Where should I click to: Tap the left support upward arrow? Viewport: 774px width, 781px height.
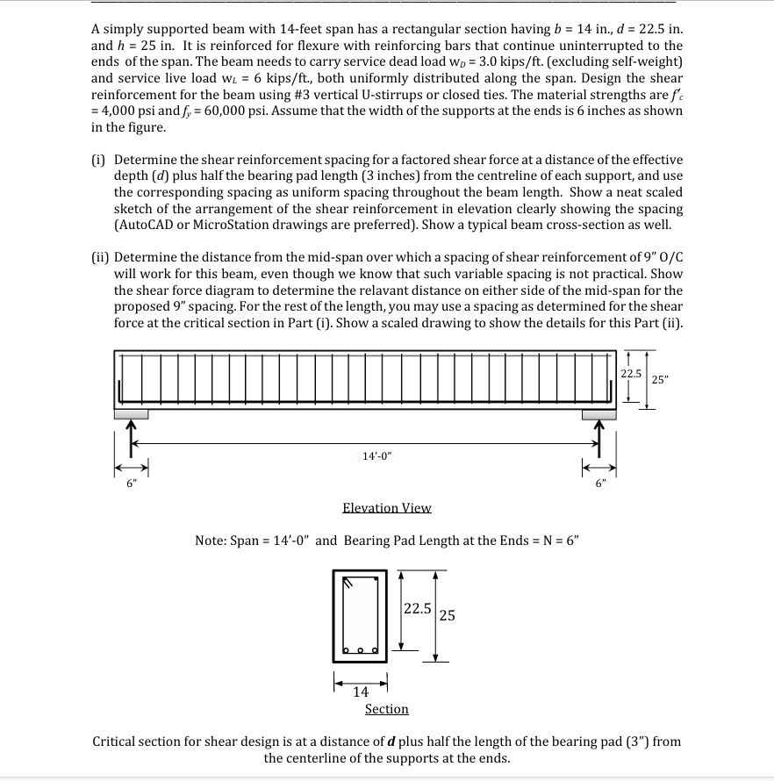(x=132, y=433)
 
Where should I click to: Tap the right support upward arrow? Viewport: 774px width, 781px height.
(x=600, y=433)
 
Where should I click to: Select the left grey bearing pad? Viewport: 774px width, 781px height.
(x=131, y=413)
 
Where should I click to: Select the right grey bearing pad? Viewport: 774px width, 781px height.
(x=601, y=413)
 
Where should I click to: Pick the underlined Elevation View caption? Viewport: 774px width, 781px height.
(x=387, y=508)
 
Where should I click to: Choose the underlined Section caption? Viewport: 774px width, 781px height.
(x=387, y=709)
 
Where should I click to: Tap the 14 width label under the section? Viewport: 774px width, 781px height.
(x=361, y=692)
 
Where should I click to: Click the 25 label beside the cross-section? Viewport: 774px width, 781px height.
(x=447, y=615)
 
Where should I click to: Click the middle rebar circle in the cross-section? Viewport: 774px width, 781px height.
(x=362, y=650)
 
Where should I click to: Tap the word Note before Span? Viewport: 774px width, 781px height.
(x=209, y=541)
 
